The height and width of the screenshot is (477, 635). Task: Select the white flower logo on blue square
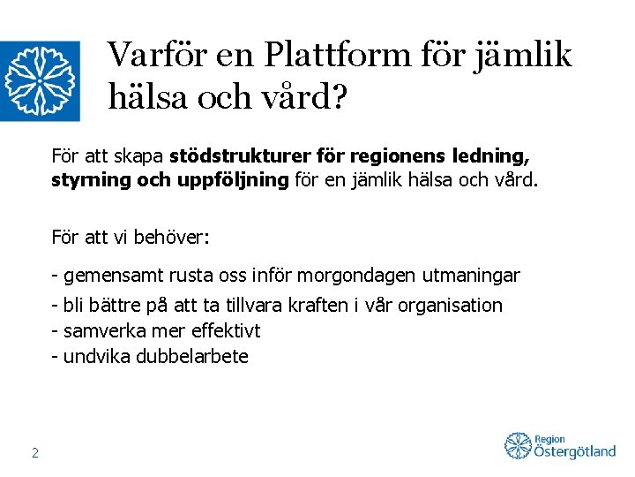click(x=40, y=81)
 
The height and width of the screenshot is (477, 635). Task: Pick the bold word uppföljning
click(x=236, y=181)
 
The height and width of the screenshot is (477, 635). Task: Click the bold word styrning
click(x=81, y=181)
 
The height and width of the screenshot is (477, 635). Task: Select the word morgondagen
click(x=351, y=276)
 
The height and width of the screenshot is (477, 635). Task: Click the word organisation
click(x=450, y=306)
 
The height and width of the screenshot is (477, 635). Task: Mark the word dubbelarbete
click(x=192, y=357)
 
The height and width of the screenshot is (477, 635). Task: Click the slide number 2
click(x=34, y=453)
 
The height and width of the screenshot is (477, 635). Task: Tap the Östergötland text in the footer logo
click(x=575, y=452)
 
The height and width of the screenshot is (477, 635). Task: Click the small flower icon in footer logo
click(x=518, y=446)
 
